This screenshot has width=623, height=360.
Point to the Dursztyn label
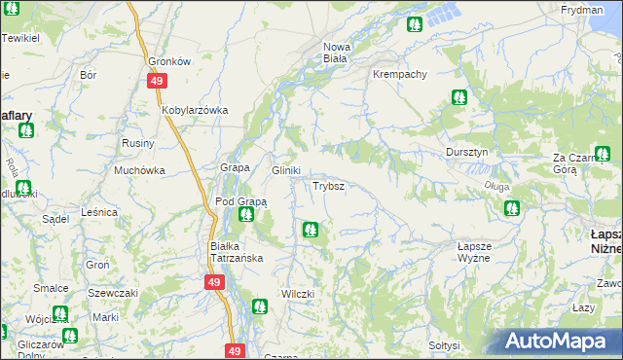pyautogui.click(x=472, y=153)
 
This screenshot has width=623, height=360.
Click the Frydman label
pyautogui.click(x=582, y=10)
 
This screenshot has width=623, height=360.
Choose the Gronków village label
pyautogui.click(x=167, y=60)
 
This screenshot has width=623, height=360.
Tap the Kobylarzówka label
pyautogui.click(x=195, y=111)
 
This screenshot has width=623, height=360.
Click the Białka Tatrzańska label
pyautogui.click(x=237, y=252)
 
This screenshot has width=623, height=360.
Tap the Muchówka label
pyautogui.click(x=138, y=170)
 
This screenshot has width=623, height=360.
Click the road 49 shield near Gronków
pyautogui.click(x=157, y=83)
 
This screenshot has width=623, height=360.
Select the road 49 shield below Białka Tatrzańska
pyautogui.click(x=215, y=282)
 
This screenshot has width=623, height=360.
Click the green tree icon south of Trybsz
pyautogui.click(x=310, y=230)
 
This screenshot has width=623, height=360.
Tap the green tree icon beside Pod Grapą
pyautogui.click(x=246, y=214)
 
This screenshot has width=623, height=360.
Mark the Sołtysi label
pyautogui.click(x=444, y=345)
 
